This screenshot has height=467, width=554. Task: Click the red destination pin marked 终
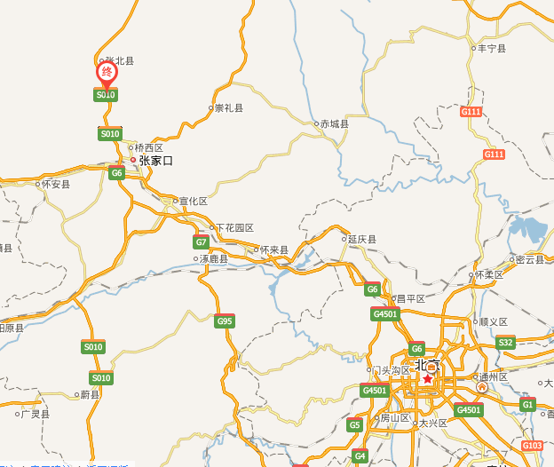point(107,72)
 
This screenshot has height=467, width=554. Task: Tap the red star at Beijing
point(427,379)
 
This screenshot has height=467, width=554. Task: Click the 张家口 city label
point(155,161)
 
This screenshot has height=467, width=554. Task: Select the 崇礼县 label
point(228,108)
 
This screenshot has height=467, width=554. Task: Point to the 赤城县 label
point(335,124)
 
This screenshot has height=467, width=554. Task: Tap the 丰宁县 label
point(492,49)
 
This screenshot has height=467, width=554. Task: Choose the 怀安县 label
point(55,185)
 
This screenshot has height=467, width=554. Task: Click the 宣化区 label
point(193,202)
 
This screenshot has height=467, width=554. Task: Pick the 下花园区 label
point(235,228)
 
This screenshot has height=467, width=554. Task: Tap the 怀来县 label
point(274,250)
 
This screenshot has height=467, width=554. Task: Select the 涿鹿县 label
point(213,259)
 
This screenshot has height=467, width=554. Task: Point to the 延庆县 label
point(362,240)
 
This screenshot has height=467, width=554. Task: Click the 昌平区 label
point(410,299)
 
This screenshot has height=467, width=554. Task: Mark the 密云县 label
point(529,260)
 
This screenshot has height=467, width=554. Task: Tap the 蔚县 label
point(90,394)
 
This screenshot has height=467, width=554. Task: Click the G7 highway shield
point(202,242)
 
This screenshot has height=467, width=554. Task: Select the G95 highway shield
point(224,321)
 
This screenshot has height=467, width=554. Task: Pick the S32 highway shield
point(505,343)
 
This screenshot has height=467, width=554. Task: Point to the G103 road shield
point(532,445)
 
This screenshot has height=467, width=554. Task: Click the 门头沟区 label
point(391,370)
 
